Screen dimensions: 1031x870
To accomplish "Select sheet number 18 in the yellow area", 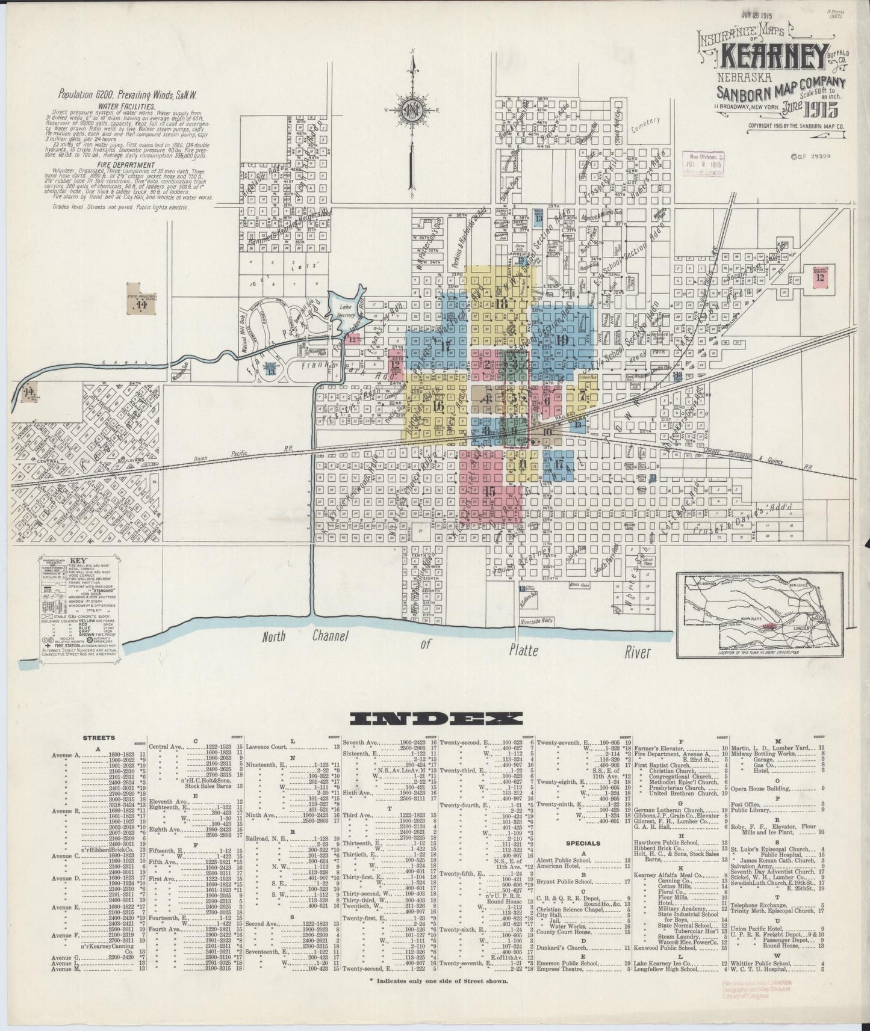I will (x=502, y=304).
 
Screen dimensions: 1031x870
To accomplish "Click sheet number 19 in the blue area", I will (x=562, y=340).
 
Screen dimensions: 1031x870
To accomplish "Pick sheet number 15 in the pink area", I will (x=489, y=491).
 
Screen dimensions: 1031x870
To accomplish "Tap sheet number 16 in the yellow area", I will (x=438, y=406).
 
